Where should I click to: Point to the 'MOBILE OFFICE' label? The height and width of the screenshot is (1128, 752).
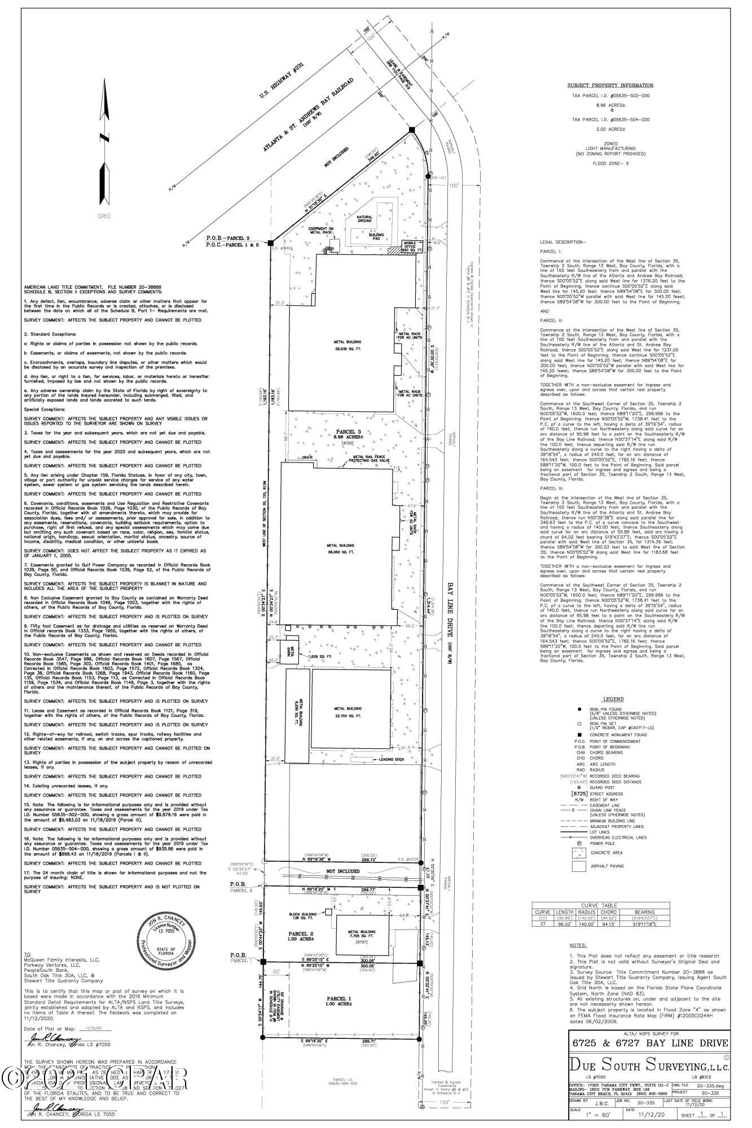[x=408, y=245]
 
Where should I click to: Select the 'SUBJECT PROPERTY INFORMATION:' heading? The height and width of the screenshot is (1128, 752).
[x=610, y=85]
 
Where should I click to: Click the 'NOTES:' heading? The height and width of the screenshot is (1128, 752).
[x=578, y=945]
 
